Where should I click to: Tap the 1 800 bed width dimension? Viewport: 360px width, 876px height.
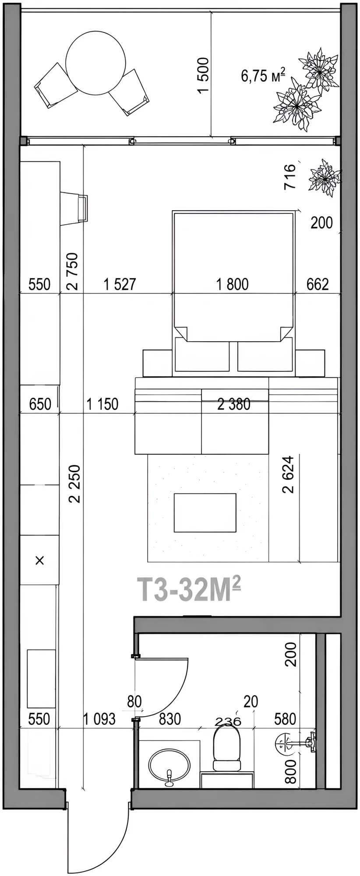pos(233,284)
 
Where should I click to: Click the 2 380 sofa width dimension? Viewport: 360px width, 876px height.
pos(234,404)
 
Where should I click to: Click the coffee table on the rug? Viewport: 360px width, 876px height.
pos(205,512)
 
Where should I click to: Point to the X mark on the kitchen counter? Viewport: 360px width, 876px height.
pos(39,560)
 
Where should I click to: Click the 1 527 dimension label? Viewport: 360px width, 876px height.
pos(120,284)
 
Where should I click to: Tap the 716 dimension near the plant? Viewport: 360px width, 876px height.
pos(290,177)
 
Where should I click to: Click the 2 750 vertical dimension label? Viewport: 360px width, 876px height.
pos(73,271)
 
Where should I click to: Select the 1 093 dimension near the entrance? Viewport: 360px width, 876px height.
pos(99,719)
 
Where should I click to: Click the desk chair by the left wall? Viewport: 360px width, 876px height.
pos(74,208)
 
